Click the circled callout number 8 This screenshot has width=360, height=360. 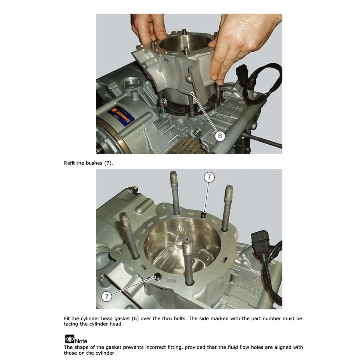click(220, 136)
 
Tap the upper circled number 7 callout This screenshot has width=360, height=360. click(209, 177)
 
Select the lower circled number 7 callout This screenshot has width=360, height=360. click(107, 296)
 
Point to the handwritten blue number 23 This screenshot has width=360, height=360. click(166, 60)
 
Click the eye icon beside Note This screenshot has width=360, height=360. click(70, 339)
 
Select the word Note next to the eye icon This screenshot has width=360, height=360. click(81, 341)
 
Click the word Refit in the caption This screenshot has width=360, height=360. click(70, 163)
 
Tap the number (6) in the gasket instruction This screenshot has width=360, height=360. click(135, 318)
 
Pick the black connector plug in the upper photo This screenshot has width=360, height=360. click(242, 70)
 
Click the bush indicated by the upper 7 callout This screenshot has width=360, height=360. click(203, 215)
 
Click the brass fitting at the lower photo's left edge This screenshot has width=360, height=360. click(133, 189)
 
